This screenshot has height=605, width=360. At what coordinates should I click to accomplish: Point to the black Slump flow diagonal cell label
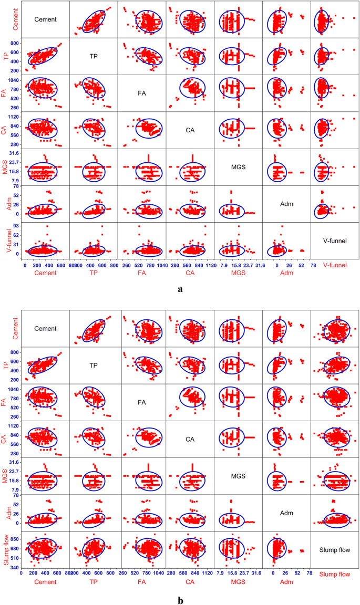click(x=335, y=550)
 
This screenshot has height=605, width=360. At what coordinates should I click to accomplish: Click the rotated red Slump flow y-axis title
click(x=7, y=550)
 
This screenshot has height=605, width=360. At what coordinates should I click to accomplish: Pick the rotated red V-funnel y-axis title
click(x=7, y=241)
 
